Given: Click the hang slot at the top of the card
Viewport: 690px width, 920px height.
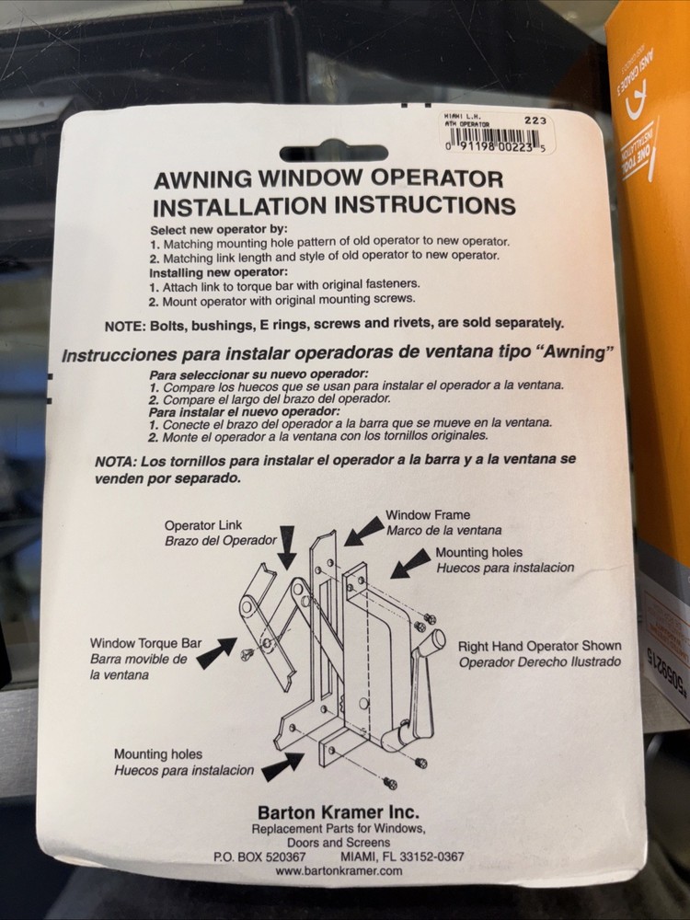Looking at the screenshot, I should [333, 154].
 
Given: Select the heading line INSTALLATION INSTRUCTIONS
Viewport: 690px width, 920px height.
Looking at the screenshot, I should [333, 205].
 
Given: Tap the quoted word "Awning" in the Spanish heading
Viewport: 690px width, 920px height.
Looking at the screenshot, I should [565, 353].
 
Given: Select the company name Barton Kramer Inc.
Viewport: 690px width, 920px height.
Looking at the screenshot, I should [338, 812].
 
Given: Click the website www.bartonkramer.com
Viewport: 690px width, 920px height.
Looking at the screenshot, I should [339, 870].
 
